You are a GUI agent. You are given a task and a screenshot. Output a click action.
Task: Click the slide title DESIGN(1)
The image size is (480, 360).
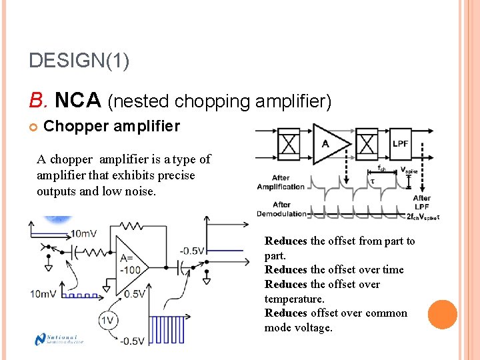point(79,61)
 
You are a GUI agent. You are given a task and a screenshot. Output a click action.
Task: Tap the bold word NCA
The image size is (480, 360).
point(77,101)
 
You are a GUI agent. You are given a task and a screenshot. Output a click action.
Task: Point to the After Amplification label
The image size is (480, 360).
point(281,182)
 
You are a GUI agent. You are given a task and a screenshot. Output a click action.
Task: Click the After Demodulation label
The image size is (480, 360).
point(281,209)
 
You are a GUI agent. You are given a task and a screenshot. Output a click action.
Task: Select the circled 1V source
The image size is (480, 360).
point(109,321)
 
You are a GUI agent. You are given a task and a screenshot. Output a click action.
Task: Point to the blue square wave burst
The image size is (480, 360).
point(167,329)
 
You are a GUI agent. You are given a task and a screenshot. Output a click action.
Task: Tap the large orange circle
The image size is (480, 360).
point(442,315)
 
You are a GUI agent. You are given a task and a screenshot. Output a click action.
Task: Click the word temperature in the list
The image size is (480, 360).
point(293,299)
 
